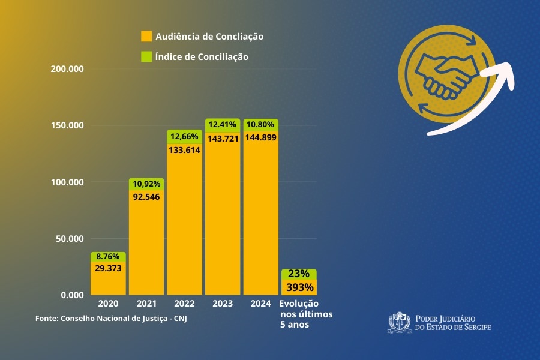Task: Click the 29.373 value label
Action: pyautogui.click(x=108, y=268)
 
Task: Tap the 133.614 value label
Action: pyautogui.click(x=184, y=150)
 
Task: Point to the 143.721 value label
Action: pyautogui.click(x=223, y=139)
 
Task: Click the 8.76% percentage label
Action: pyautogui.click(x=108, y=256)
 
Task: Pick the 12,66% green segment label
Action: pyautogui.click(x=184, y=136)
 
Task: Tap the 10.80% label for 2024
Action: pyautogui.click(x=260, y=125)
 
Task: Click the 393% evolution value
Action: pyautogui.click(x=298, y=287)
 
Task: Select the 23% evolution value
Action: pyautogui.click(x=298, y=274)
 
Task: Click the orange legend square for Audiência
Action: pyautogui.click(x=146, y=36)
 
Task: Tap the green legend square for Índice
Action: pyautogui.click(x=146, y=57)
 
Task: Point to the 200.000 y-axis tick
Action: pyautogui.click(x=67, y=69)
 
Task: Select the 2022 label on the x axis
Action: pyautogui.click(x=184, y=304)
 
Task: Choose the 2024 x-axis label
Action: pyautogui.click(x=260, y=304)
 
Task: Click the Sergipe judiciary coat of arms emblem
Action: pyautogui.click(x=398, y=322)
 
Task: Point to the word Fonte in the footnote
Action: pyautogui.click(x=46, y=317)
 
